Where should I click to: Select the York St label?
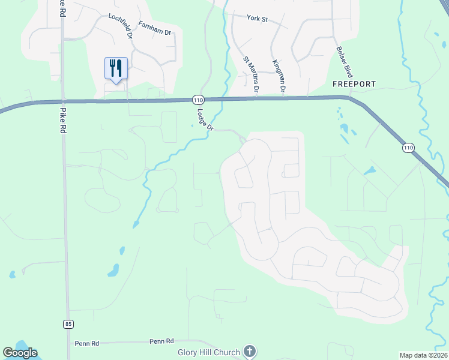coord(256,18)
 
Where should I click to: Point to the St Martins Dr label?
coord(251,74)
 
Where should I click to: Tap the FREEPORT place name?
coord(354,84)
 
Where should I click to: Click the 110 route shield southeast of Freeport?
coord(409,147)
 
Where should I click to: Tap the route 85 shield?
coord(68,324)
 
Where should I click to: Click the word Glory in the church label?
coord(189,352)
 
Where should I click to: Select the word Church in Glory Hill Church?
coord(226,352)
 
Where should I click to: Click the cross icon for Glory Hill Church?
coord(250,352)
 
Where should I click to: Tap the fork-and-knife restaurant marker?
coord(116,68)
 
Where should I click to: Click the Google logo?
coord(20,353)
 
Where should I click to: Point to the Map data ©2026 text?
coord(423,355)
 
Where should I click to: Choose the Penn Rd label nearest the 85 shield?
coord(86,344)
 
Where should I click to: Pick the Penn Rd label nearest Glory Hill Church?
coord(161,341)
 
